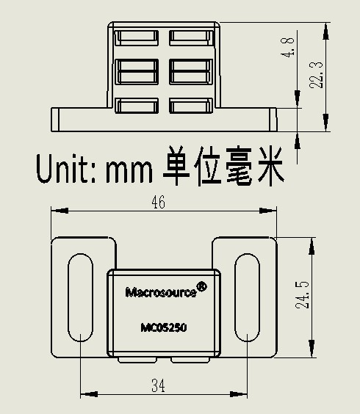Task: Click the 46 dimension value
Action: pyautogui.click(x=158, y=203)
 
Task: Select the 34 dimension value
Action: pyautogui.click(x=158, y=385)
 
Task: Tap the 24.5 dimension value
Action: pyautogui.click(x=302, y=294)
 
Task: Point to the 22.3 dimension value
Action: pyautogui.click(x=316, y=75)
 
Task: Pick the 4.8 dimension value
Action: pyautogui.click(x=287, y=47)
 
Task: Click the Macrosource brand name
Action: pyautogui.click(x=161, y=293)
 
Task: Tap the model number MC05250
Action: pyautogui.click(x=164, y=327)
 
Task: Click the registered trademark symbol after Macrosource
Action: pyautogui.click(x=202, y=287)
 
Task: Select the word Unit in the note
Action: pyautogui.click(x=62, y=168)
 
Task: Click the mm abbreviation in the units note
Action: pyautogui.click(x=129, y=172)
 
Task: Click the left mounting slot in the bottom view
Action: pyautogui.click(x=81, y=297)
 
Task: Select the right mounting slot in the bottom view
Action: pyautogui.click(x=248, y=297)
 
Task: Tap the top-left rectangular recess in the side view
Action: pyautogui.click(x=137, y=37)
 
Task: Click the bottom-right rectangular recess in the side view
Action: pyautogui.click(x=191, y=106)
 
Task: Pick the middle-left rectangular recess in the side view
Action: pyautogui.click(x=137, y=71)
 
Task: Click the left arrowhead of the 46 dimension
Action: pyautogui.click(x=60, y=211)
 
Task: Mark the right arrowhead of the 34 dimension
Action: pyautogui.click(x=239, y=394)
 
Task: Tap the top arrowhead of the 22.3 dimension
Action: pyautogui.click(x=326, y=31)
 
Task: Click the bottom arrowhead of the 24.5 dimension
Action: pyautogui.click(x=312, y=349)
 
